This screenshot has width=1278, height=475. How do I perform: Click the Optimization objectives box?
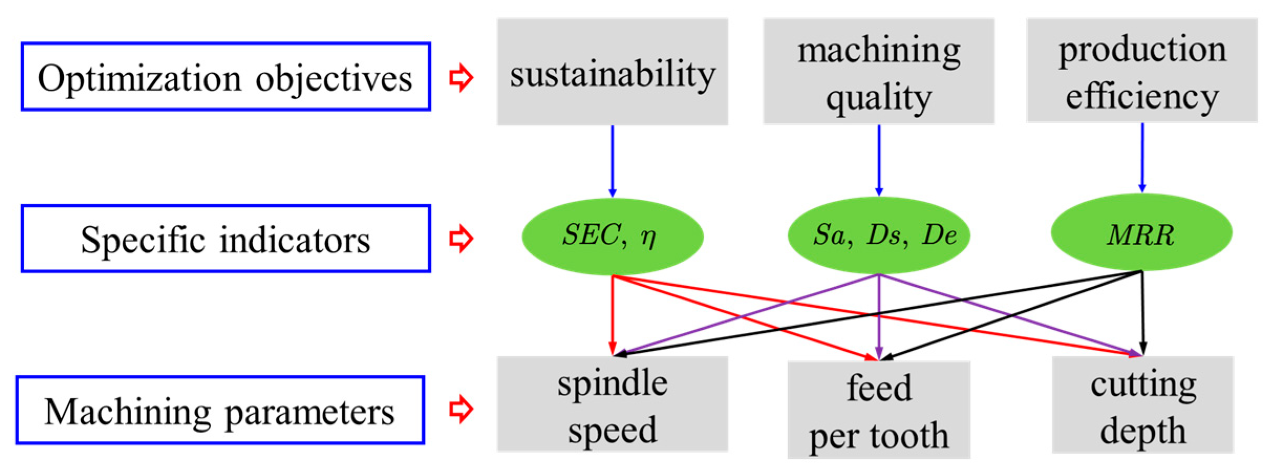click(225, 77)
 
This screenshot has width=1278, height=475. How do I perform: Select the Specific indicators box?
click(225, 239)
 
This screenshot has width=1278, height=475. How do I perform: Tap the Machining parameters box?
click(220, 410)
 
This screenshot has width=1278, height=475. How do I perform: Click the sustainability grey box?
click(612, 72)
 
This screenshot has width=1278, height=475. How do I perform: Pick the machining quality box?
click(878, 72)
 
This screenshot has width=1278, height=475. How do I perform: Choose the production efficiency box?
click(1142, 71)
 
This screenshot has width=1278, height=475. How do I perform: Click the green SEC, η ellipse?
click(612, 236)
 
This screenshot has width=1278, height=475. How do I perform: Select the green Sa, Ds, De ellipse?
click(878, 235)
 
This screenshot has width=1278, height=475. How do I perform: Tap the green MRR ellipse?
click(1142, 233)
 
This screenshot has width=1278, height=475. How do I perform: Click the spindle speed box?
click(612, 404)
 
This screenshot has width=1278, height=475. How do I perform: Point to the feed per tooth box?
click(878, 410)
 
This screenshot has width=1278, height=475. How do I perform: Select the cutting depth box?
click(1143, 405)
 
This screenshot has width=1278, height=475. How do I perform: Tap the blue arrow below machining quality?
click(879, 160)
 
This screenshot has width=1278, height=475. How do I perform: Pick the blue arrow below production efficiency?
click(1142, 157)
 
